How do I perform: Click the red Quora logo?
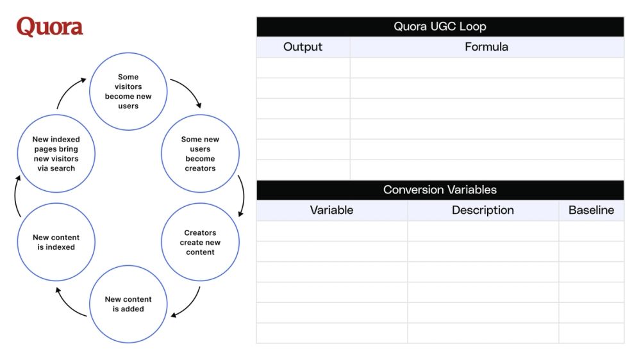coord(49,27)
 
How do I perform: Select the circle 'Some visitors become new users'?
coord(128,91)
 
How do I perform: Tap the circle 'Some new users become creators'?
coord(200,154)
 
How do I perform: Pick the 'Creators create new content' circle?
coord(200,242)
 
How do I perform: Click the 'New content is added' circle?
coord(128,304)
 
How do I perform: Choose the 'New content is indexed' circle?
coord(56,242)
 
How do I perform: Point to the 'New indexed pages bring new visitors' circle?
coord(56,154)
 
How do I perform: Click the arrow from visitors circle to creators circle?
coord(187,92)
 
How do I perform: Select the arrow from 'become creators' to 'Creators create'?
coord(242,195)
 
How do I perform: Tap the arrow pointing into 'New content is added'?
coord(188,304)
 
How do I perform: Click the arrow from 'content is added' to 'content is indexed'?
coord(69,303)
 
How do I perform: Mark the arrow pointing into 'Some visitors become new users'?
coord(69,92)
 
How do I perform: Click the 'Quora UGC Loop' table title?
coord(440,26)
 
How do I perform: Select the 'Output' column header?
coord(303,47)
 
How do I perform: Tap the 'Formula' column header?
coord(487,47)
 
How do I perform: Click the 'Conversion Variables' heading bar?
coord(440,190)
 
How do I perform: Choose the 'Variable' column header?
coord(331,210)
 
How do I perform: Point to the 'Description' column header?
coord(483,210)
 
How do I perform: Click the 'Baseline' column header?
coord(591,210)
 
